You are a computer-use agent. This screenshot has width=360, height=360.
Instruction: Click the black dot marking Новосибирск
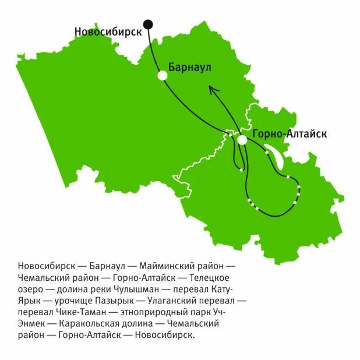[148, 24]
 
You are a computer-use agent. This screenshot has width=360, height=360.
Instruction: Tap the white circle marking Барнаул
[163, 75]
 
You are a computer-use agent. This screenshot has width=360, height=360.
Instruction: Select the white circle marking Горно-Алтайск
[242, 140]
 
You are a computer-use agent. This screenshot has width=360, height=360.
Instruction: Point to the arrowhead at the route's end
[212, 89]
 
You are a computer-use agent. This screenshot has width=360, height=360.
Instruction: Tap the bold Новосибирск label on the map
[108, 31]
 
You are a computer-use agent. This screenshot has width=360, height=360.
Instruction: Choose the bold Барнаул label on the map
[189, 67]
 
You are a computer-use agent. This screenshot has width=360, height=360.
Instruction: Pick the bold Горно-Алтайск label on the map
[290, 134]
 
